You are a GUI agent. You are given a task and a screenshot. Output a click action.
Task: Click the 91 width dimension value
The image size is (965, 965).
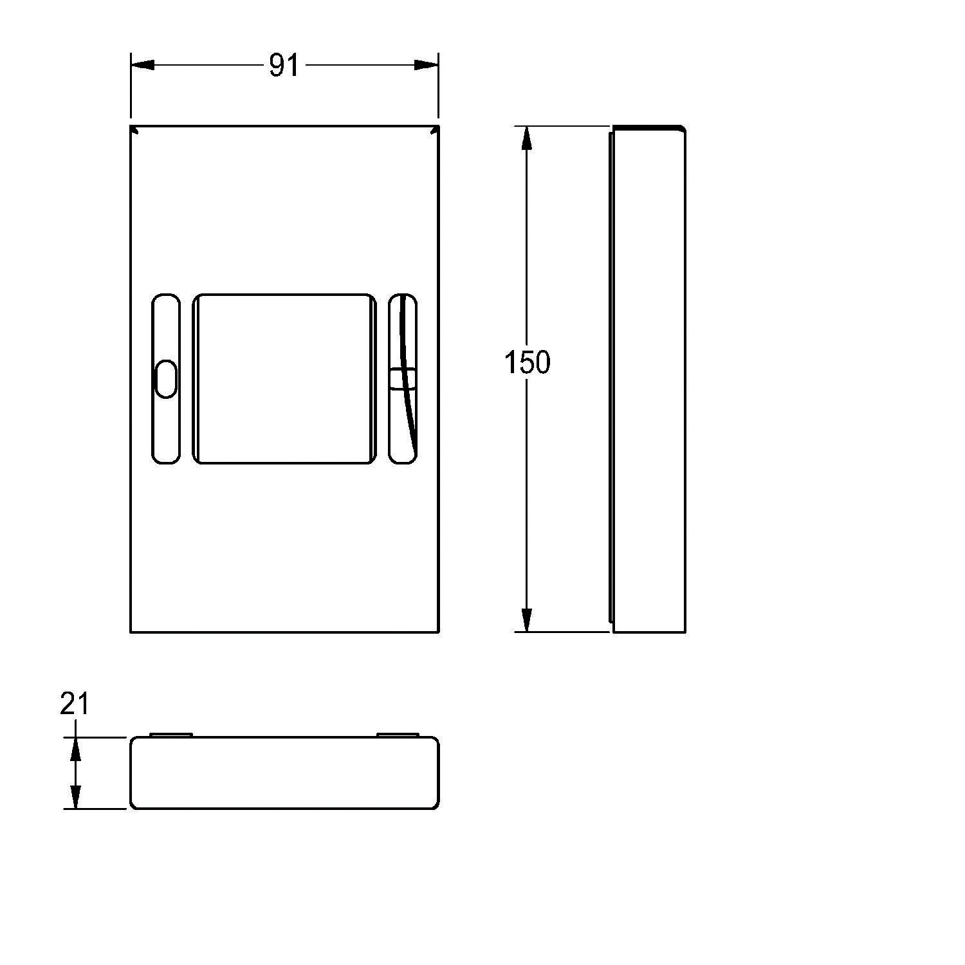(284, 65)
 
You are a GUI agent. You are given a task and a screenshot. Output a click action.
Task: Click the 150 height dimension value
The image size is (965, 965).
(527, 363)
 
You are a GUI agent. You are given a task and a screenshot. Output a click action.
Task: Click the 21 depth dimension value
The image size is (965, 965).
(75, 704)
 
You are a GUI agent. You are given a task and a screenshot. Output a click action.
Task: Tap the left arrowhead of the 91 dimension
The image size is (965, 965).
(143, 65)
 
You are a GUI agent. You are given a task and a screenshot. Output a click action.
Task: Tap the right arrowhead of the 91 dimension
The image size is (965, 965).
(426, 65)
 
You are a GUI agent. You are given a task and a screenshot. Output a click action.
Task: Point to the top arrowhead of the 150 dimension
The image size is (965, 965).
(527, 138)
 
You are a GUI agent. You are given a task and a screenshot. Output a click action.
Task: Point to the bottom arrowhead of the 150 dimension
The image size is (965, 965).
(527, 620)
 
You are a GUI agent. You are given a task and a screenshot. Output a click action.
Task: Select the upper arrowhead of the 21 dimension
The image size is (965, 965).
(76, 749)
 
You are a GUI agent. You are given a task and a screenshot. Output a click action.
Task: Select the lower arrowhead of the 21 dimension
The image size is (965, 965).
(76, 796)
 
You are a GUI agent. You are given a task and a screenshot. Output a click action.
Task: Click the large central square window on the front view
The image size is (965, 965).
(284, 379)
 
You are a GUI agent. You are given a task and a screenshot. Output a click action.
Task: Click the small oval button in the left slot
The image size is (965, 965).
(165, 379)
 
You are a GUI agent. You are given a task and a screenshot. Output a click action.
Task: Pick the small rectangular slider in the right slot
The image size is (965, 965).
(403, 378)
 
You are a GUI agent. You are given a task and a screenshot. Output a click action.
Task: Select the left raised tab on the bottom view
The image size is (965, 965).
(170, 735)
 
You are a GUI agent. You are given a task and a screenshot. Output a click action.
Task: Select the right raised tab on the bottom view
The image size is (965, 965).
(398, 735)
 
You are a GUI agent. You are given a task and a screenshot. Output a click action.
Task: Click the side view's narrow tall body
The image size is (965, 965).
(648, 379)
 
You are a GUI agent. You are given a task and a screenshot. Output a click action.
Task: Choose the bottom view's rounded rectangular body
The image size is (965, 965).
(284, 773)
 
